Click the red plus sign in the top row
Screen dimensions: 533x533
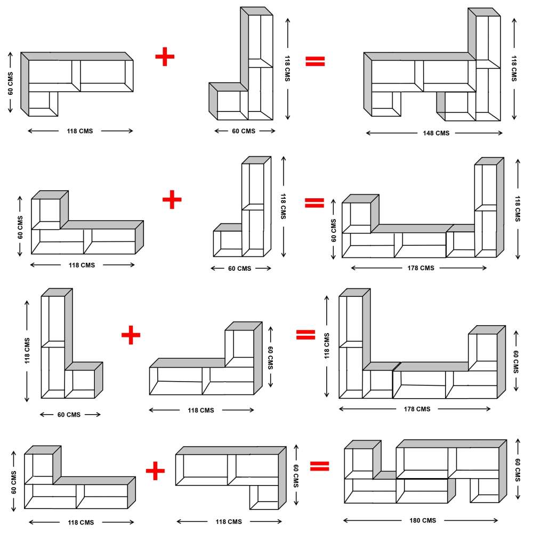[165, 57]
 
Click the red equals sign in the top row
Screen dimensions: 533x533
[314, 61]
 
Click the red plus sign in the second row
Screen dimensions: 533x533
[172, 200]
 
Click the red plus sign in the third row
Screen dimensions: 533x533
[131, 335]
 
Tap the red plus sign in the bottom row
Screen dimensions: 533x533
[155, 470]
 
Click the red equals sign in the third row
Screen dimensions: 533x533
[305, 334]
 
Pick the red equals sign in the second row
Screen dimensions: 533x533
[314, 203]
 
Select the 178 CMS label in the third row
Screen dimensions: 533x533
[415, 409]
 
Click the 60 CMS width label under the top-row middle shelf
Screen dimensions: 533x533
[241, 131]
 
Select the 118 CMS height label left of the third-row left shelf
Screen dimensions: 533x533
[27, 351]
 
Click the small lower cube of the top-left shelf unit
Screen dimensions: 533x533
[43, 103]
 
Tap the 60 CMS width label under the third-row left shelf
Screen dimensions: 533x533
[69, 415]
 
